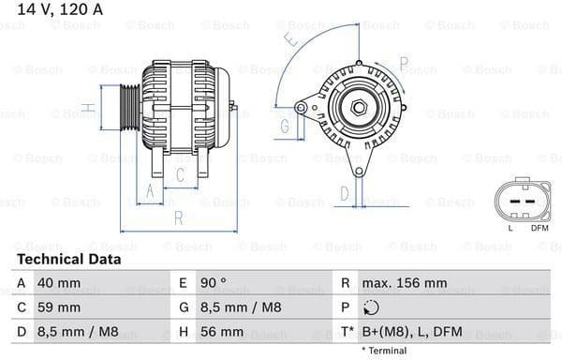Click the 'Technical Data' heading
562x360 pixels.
point(68,259)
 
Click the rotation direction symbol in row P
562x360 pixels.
point(372,307)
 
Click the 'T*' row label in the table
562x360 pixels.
point(347,332)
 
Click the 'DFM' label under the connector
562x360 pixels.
point(540,228)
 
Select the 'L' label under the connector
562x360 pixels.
point(510,228)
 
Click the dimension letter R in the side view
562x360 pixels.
point(178,218)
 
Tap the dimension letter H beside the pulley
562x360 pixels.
point(87,109)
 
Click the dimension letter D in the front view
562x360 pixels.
point(345,194)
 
